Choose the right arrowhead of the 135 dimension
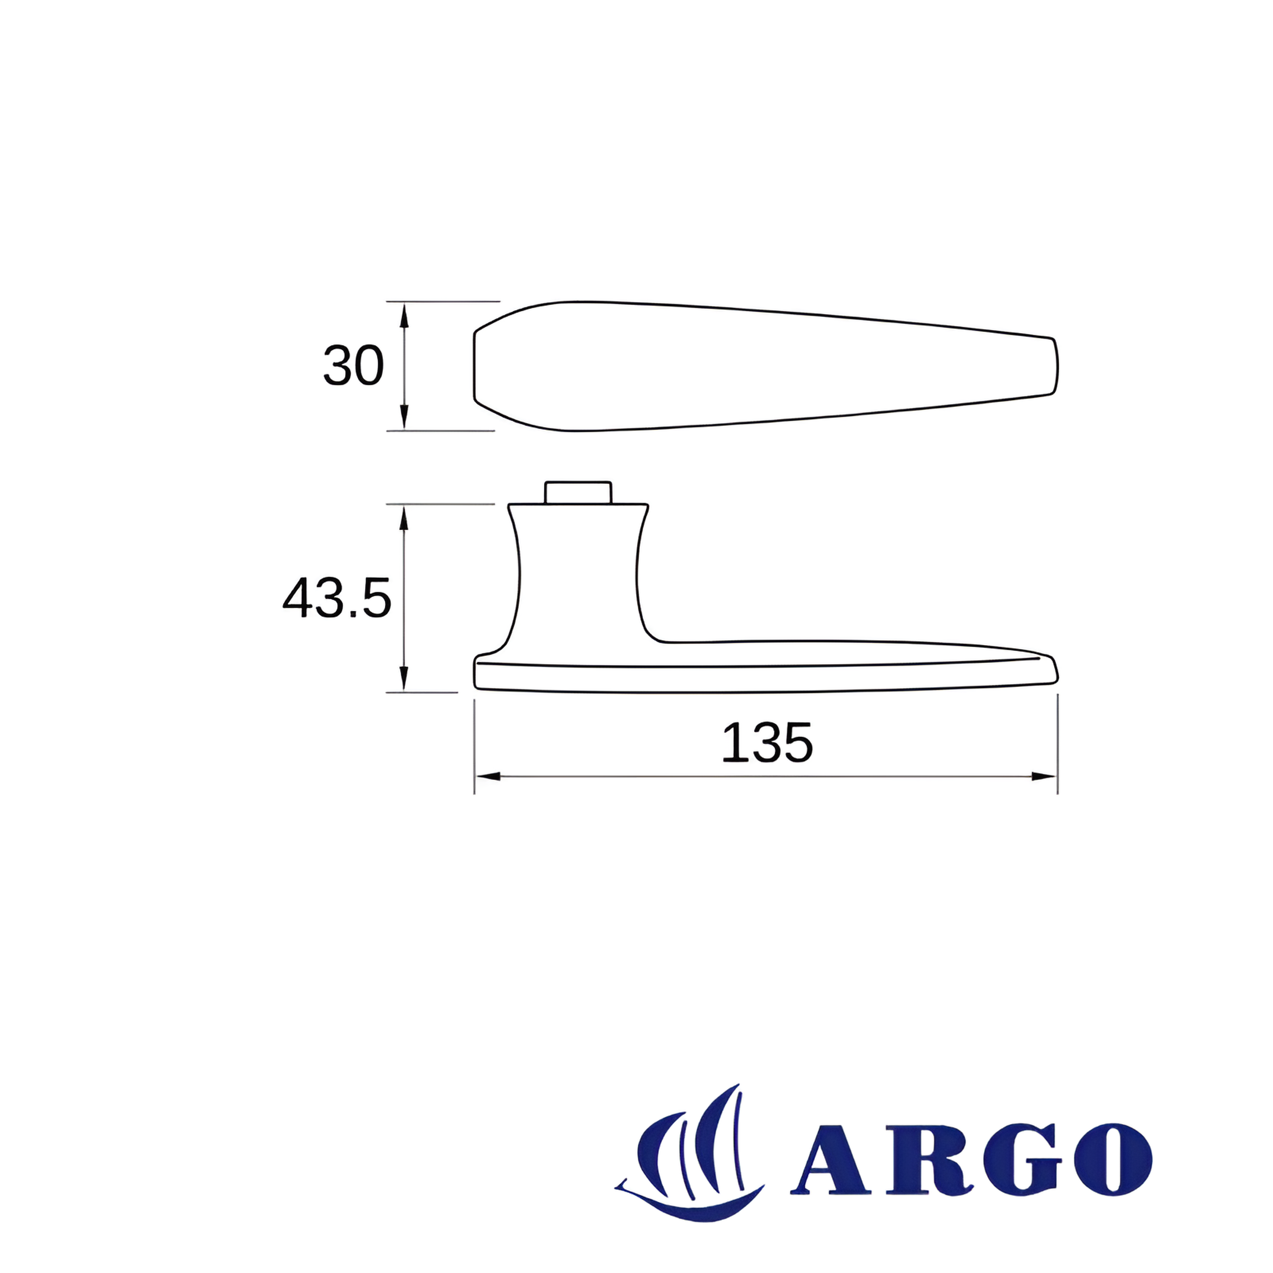[1044, 776]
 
